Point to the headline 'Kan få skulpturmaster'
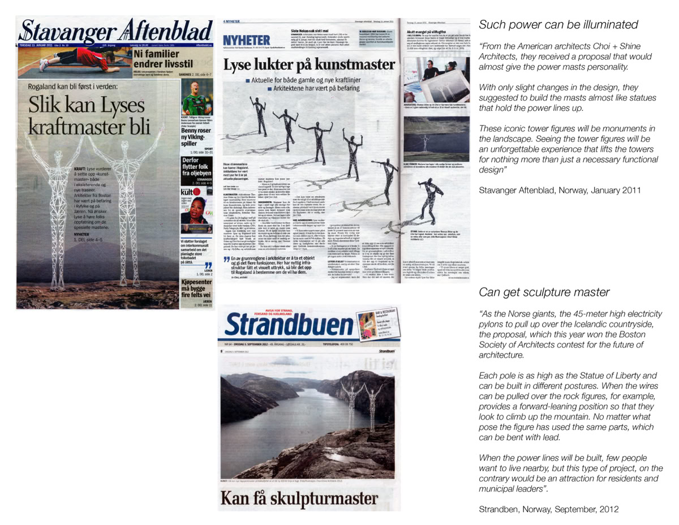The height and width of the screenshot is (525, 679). point(299,498)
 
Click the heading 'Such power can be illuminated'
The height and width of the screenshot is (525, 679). point(558,25)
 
